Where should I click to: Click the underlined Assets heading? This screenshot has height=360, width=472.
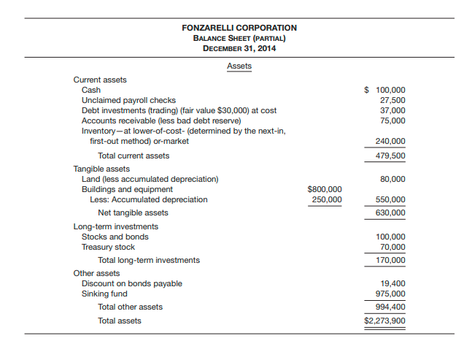click(239, 66)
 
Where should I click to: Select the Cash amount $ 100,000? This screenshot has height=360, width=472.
click(385, 91)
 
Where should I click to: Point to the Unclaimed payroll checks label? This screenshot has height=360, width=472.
click(128, 100)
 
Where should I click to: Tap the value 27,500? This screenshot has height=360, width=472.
click(392, 100)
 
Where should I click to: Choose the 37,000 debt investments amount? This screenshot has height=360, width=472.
click(392, 110)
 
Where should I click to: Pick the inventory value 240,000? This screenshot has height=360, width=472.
click(390, 141)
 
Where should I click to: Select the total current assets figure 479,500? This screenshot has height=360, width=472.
click(390, 156)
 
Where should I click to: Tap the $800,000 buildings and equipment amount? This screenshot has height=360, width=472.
click(324, 189)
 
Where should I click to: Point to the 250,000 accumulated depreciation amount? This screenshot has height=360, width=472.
click(326, 199)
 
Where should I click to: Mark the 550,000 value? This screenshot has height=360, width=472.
click(390, 199)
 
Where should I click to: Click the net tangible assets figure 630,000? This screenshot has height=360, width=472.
click(390, 212)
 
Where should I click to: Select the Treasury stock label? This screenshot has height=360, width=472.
click(108, 247)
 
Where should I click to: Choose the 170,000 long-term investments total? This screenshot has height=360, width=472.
click(390, 260)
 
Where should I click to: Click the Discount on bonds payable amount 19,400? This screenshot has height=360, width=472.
click(392, 283)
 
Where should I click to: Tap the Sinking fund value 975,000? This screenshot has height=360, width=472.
click(390, 294)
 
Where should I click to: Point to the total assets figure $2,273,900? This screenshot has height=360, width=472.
click(385, 321)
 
